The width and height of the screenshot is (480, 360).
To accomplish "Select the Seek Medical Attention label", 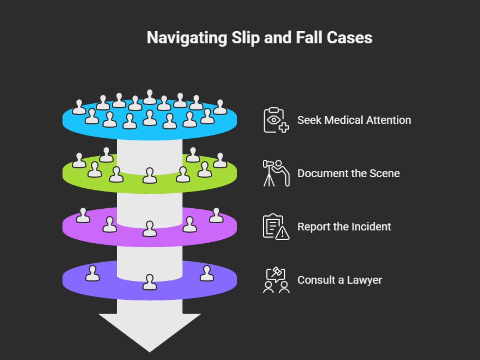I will pos(354,120).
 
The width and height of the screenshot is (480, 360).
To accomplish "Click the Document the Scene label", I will pos(348,173).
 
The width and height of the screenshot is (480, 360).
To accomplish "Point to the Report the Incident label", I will pos(344,227).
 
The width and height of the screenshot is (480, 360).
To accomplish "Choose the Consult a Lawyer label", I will pos(339,280).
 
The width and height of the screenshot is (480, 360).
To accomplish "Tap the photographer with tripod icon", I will pos(276,173).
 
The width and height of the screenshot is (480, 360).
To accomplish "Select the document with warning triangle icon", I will pos(276,227).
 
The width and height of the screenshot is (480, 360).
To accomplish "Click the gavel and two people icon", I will pos(276,280).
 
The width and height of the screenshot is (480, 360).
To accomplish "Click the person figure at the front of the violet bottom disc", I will pos(150,282).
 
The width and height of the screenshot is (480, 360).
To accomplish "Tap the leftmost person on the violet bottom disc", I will pos(92,273).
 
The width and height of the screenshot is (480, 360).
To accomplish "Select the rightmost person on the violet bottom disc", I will pos(207,273).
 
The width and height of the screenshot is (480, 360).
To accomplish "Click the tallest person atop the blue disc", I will pos(150,97).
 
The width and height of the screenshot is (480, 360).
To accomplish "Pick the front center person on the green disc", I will pos(150,175).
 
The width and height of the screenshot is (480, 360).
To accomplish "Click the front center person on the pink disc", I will pos(150,229).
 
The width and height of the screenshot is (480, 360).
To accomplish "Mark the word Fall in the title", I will pos(309,38).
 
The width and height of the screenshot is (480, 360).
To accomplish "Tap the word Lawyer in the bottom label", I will pos(364,280).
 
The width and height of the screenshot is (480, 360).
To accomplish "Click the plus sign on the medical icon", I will pos(284,127).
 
